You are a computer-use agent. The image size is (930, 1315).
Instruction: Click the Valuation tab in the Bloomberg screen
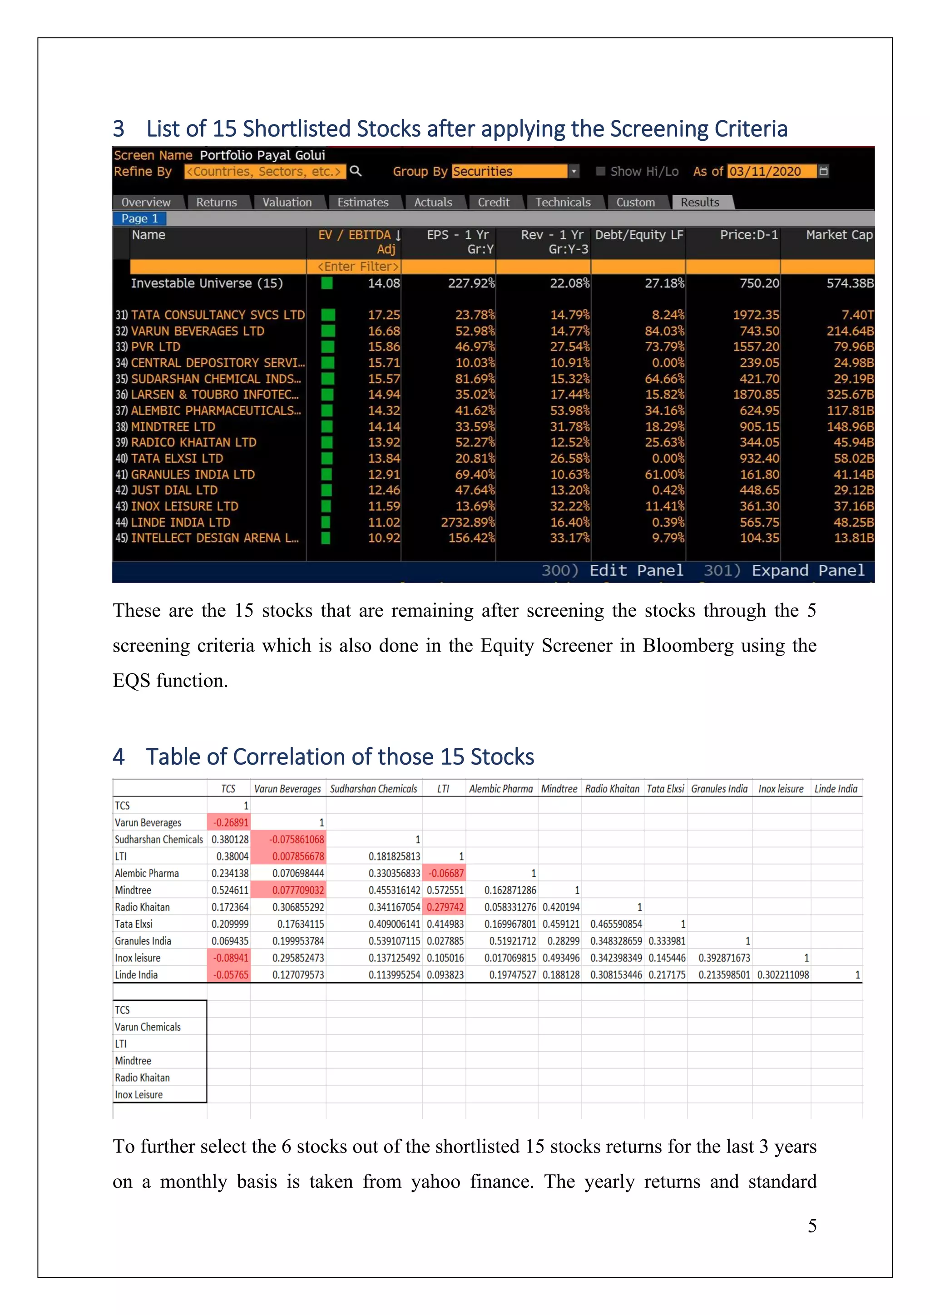(287, 202)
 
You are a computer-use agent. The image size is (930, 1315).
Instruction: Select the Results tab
(699, 202)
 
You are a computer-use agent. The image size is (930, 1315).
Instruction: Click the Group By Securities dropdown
(515, 171)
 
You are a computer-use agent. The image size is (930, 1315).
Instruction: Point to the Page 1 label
(139, 218)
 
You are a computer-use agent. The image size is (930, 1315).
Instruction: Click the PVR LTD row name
(155, 346)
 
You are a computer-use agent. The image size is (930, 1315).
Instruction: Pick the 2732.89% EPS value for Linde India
(467, 522)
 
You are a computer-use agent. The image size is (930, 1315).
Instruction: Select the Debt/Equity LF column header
(638, 235)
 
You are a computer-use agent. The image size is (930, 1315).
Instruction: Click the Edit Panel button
(636, 570)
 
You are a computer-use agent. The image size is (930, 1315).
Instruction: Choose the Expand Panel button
(807, 570)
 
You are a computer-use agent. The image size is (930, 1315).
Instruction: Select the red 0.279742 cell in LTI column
(445, 907)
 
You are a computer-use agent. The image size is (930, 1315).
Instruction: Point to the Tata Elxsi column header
(665, 789)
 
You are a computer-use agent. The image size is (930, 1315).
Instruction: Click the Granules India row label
(143, 941)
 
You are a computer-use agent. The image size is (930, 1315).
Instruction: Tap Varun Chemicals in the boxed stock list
(147, 1027)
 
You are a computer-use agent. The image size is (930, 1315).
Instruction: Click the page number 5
(811, 1225)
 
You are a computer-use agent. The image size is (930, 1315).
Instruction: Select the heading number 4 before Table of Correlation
(119, 756)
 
